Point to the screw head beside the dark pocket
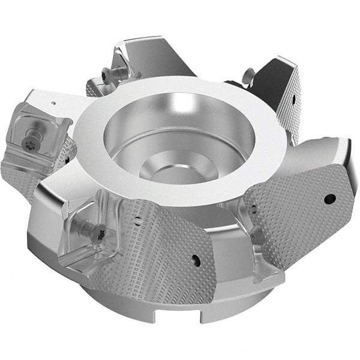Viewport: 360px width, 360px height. tap(248, 76)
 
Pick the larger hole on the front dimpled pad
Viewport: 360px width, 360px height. tap(195, 259)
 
